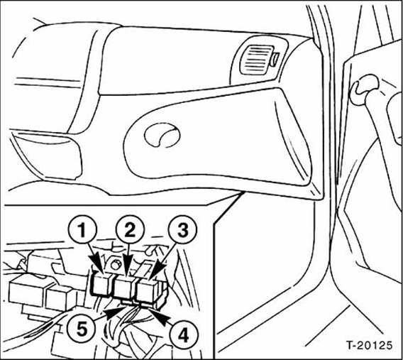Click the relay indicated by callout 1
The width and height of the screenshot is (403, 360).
pyautogui.click(x=102, y=284)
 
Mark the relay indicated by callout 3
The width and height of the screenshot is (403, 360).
pyautogui.click(x=148, y=288)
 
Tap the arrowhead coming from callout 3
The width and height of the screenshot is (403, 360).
pyautogui.click(x=155, y=274)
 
